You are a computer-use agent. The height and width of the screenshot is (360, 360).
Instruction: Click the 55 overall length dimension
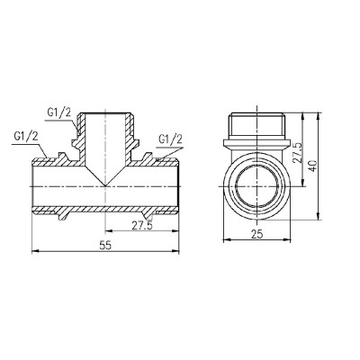click(105, 246)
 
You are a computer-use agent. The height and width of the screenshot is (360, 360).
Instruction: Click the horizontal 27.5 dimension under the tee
click(142, 226)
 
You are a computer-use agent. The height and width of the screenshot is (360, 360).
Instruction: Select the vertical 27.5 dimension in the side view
click(297, 152)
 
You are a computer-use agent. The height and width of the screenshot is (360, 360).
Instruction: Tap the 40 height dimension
click(312, 166)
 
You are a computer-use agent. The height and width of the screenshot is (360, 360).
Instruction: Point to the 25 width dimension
click(257, 234)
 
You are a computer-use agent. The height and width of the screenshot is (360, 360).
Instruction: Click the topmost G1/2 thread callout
click(59, 112)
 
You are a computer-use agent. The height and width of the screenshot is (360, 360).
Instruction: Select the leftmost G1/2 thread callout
click(26, 137)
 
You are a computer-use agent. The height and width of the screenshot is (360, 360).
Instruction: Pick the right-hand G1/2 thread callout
click(170, 139)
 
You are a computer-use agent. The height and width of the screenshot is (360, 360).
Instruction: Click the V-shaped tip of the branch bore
click(105, 185)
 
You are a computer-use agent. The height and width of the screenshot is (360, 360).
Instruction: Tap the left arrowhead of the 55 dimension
click(36, 252)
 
